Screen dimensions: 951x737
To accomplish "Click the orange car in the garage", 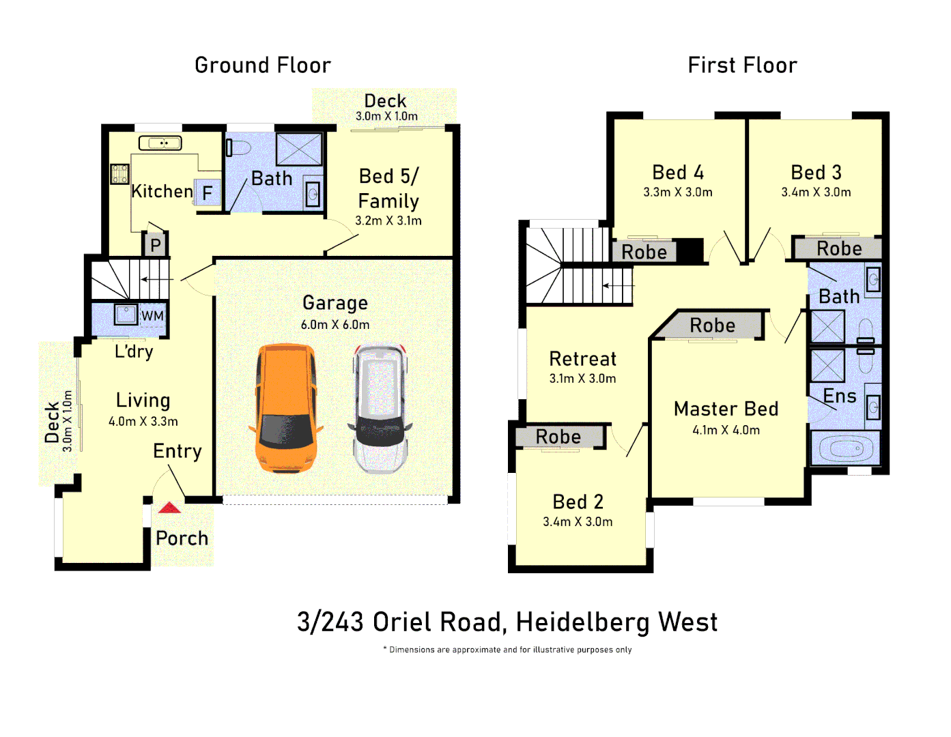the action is pyautogui.click(x=286, y=408).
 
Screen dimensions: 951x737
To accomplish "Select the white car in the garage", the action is pyautogui.click(x=380, y=409).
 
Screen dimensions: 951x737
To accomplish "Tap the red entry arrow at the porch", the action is pyautogui.click(x=169, y=508).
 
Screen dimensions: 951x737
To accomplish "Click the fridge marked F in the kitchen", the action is pyautogui.click(x=208, y=192).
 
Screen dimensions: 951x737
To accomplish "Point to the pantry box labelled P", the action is pyautogui.click(x=155, y=245).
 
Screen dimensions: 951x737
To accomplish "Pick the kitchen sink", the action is pyautogui.click(x=160, y=143).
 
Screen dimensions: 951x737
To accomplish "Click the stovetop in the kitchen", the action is pyautogui.click(x=119, y=173).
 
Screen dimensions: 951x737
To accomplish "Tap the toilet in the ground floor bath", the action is pyautogui.click(x=238, y=147).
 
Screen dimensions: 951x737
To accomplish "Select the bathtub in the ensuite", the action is pyautogui.click(x=846, y=448).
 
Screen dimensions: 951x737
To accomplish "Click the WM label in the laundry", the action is pyautogui.click(x=152, y=315).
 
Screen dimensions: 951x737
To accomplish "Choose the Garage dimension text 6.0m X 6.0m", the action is pyautogui.click(x=335, y=325).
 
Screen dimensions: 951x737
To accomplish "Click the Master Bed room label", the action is pyautogui.click(x=726, y=409).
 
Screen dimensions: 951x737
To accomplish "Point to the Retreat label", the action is pyautogui.click(x=582, y=359).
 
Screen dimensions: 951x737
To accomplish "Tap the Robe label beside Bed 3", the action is pyautogui.click(x=839, y=248).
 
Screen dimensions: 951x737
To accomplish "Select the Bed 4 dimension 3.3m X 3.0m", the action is pyautogui.click(x=677, y=192).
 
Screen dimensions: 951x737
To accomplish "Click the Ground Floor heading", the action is pyautogui.click(x=263, y=66).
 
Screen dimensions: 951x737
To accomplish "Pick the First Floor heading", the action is pyautogui.click(x=742, y=66).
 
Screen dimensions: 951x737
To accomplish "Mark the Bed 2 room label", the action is pyautogui.click(x=578, y=502).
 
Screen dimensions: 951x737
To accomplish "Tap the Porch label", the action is pyautogui.click(x=182, y=538).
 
